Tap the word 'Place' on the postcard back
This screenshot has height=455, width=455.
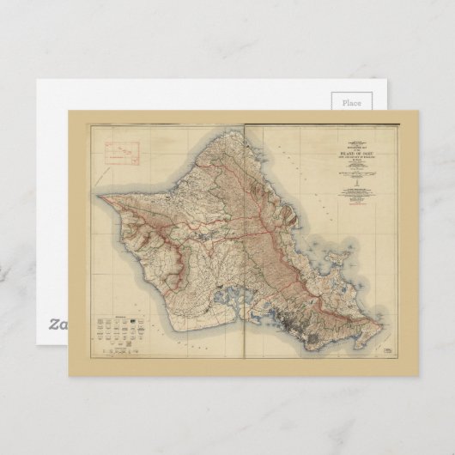pos(351,102)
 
